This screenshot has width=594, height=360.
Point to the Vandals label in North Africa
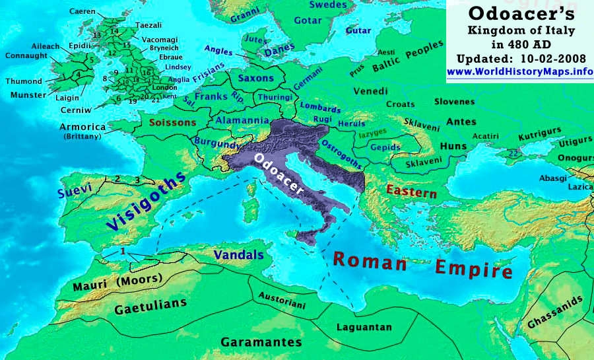238,255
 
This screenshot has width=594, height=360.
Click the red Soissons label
172,122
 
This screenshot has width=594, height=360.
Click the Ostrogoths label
341,155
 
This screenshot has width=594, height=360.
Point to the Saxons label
255,78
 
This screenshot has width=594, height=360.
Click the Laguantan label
364,327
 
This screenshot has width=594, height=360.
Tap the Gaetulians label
150,307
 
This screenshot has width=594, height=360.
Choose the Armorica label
82,127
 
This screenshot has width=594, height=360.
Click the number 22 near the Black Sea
513,153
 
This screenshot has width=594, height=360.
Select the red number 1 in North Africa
123,251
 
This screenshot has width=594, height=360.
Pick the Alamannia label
242,121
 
